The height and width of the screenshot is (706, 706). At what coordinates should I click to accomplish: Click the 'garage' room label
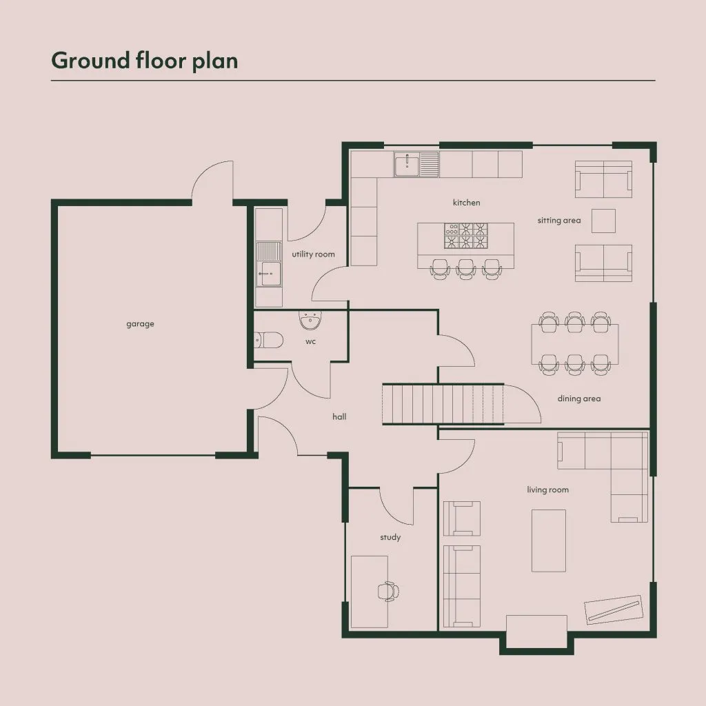pos(140,324)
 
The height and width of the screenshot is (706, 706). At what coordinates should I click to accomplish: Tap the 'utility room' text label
pos(314,254)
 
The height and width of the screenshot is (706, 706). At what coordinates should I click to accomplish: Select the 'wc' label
pos(311,341)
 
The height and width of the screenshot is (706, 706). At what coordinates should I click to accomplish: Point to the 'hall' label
pos(339,416)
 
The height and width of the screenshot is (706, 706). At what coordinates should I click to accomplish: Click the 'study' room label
pos(390,537)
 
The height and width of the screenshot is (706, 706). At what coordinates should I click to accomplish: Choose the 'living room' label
pos(548,490)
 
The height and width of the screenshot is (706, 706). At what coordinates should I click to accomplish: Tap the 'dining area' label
pos(579,399)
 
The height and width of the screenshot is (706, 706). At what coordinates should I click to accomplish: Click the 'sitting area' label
pos(559,220)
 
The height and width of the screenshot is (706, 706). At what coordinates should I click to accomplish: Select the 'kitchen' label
pos(467,203)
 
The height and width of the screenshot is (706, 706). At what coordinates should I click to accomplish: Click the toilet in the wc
pos(269,341)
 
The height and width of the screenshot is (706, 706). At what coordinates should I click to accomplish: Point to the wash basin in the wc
pos(310,320)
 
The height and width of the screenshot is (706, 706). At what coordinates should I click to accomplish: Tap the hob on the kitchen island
pos(466,236)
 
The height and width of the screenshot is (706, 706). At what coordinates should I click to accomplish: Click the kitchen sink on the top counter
pos(416,164)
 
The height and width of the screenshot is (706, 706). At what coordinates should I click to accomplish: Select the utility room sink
pos(269,264)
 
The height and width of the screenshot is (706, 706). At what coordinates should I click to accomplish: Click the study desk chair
pos(388,591)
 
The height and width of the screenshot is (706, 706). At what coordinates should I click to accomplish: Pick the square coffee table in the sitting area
pos(603,221)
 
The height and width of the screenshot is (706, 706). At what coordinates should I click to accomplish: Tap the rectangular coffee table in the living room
pos(548,541)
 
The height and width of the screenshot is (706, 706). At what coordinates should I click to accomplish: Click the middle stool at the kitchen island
pos(466,270)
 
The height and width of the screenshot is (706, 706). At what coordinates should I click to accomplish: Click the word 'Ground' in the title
pos(91,61)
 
